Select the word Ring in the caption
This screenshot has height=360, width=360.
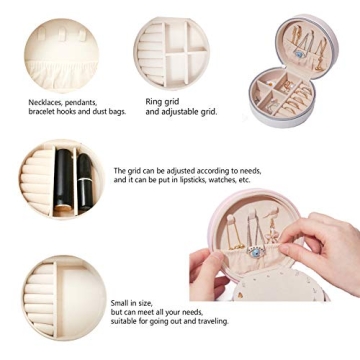coord(153,102)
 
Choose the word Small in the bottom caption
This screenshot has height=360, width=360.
coord(119,303)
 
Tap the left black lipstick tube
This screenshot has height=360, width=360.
coord(64,181)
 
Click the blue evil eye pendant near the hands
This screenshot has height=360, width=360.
coord(256,252)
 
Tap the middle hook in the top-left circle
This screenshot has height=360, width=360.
coord(63,35)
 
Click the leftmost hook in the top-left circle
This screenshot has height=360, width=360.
coord(41,34)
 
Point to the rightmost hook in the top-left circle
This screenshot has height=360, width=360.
coord(82,35)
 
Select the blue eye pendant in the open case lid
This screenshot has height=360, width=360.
coord(299,54)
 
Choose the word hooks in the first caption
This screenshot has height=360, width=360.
coord(66,112)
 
